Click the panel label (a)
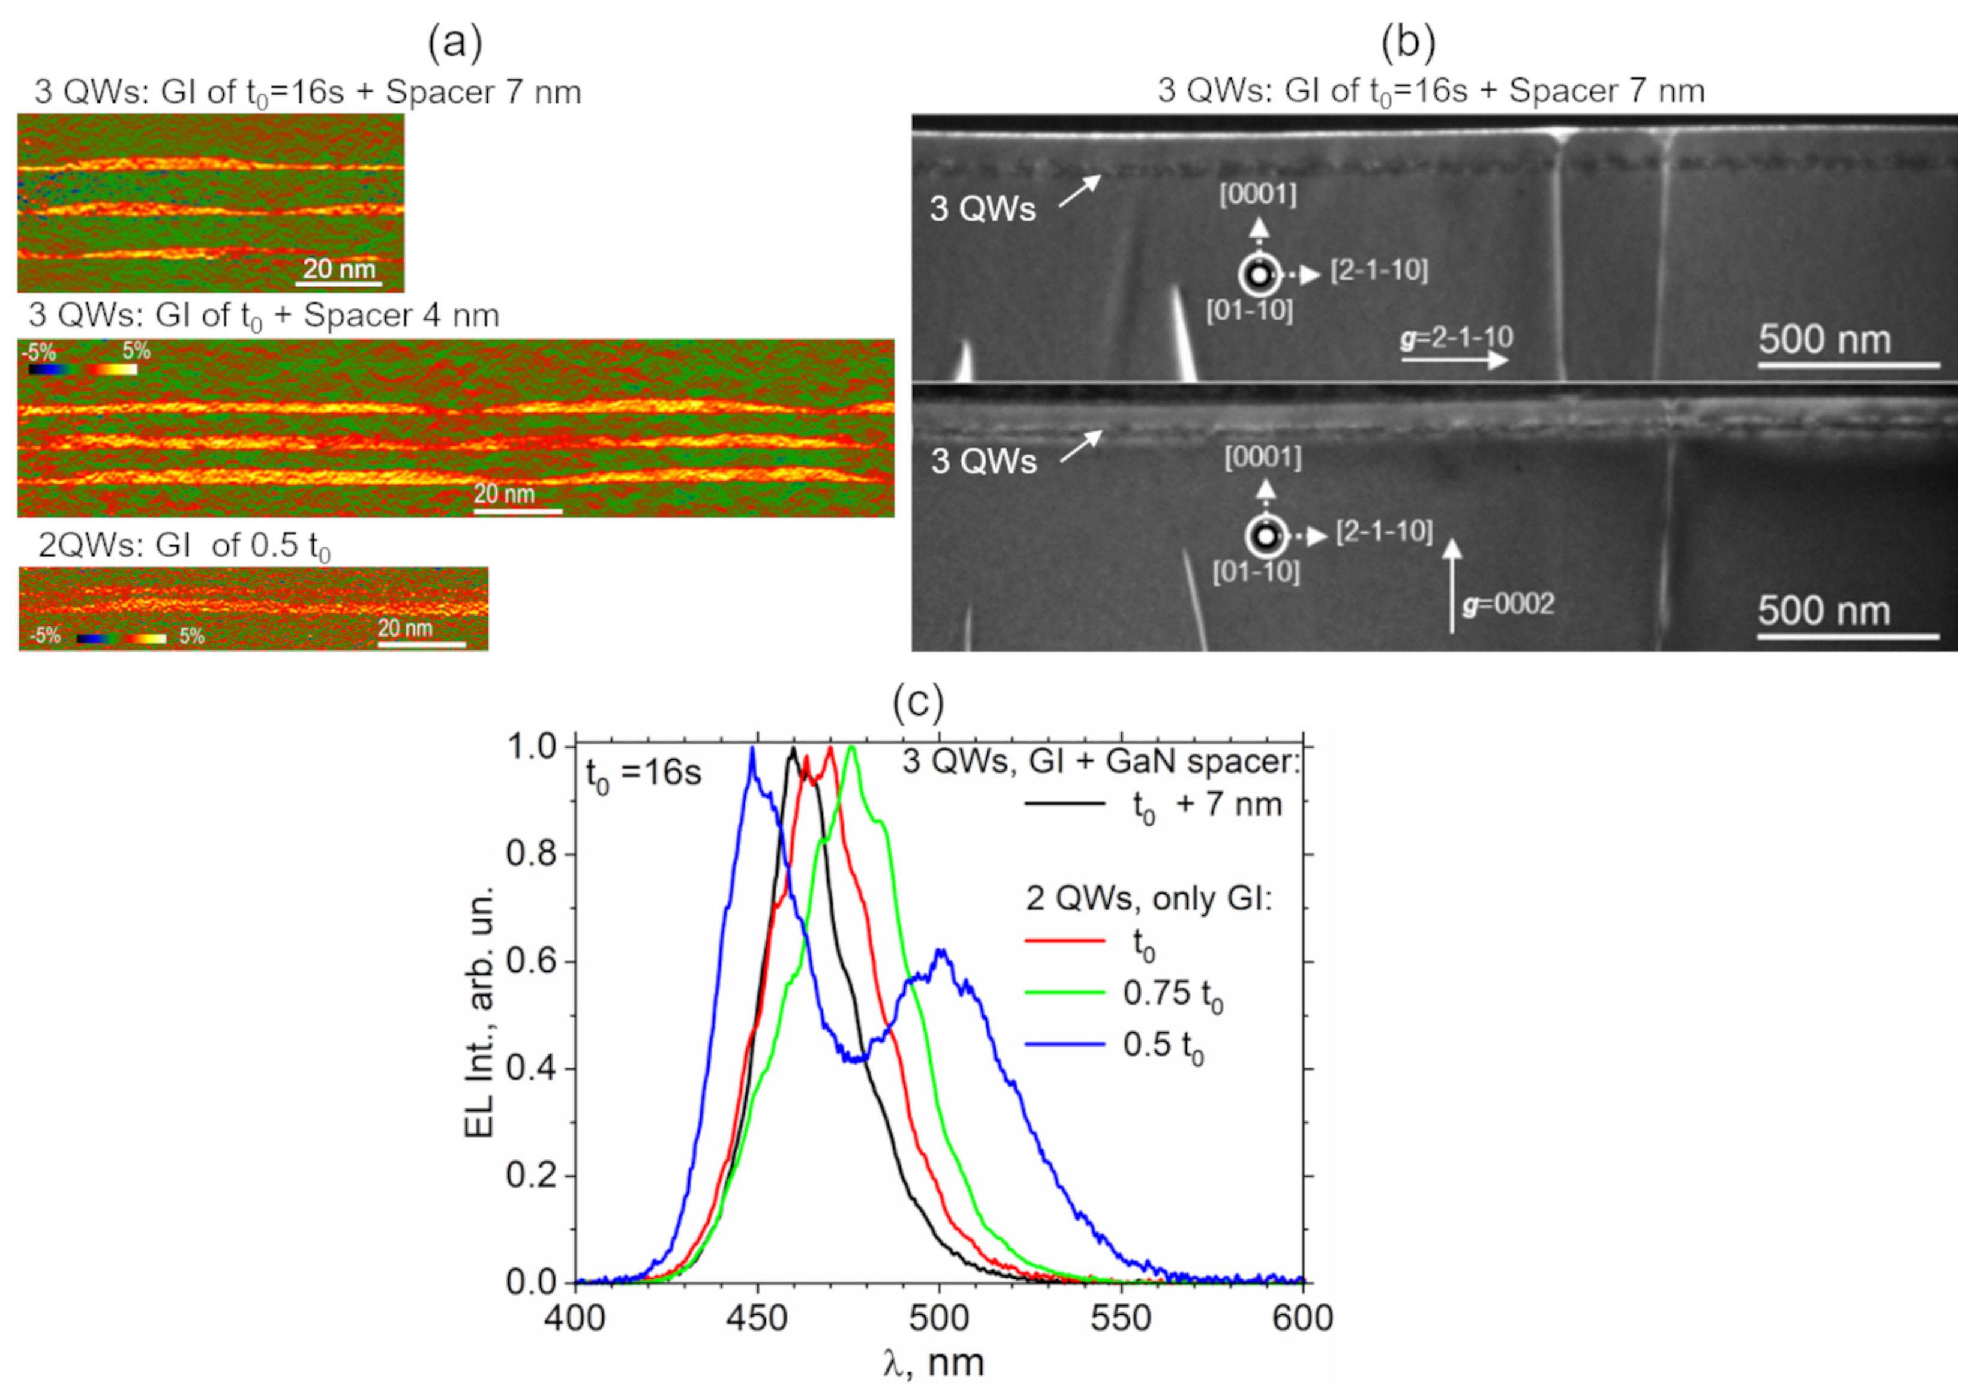coord(455,43)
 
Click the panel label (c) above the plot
coord(918,702)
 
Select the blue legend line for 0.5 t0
coord(1064,1044)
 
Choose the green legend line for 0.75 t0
coord(1064,993)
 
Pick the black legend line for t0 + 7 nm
coord(1064,804)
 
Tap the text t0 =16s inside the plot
coord(643,774)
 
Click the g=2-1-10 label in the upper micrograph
coord(1456,337)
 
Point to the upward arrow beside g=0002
coord(1452,585)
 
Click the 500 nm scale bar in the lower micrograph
coord(1848,637)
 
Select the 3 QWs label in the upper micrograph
coord(982,209)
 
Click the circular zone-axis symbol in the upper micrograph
coord(1259,276)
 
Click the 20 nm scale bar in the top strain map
coord(340,283)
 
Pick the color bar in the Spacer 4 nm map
coord(82,369)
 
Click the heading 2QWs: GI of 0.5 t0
coord(184,546)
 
